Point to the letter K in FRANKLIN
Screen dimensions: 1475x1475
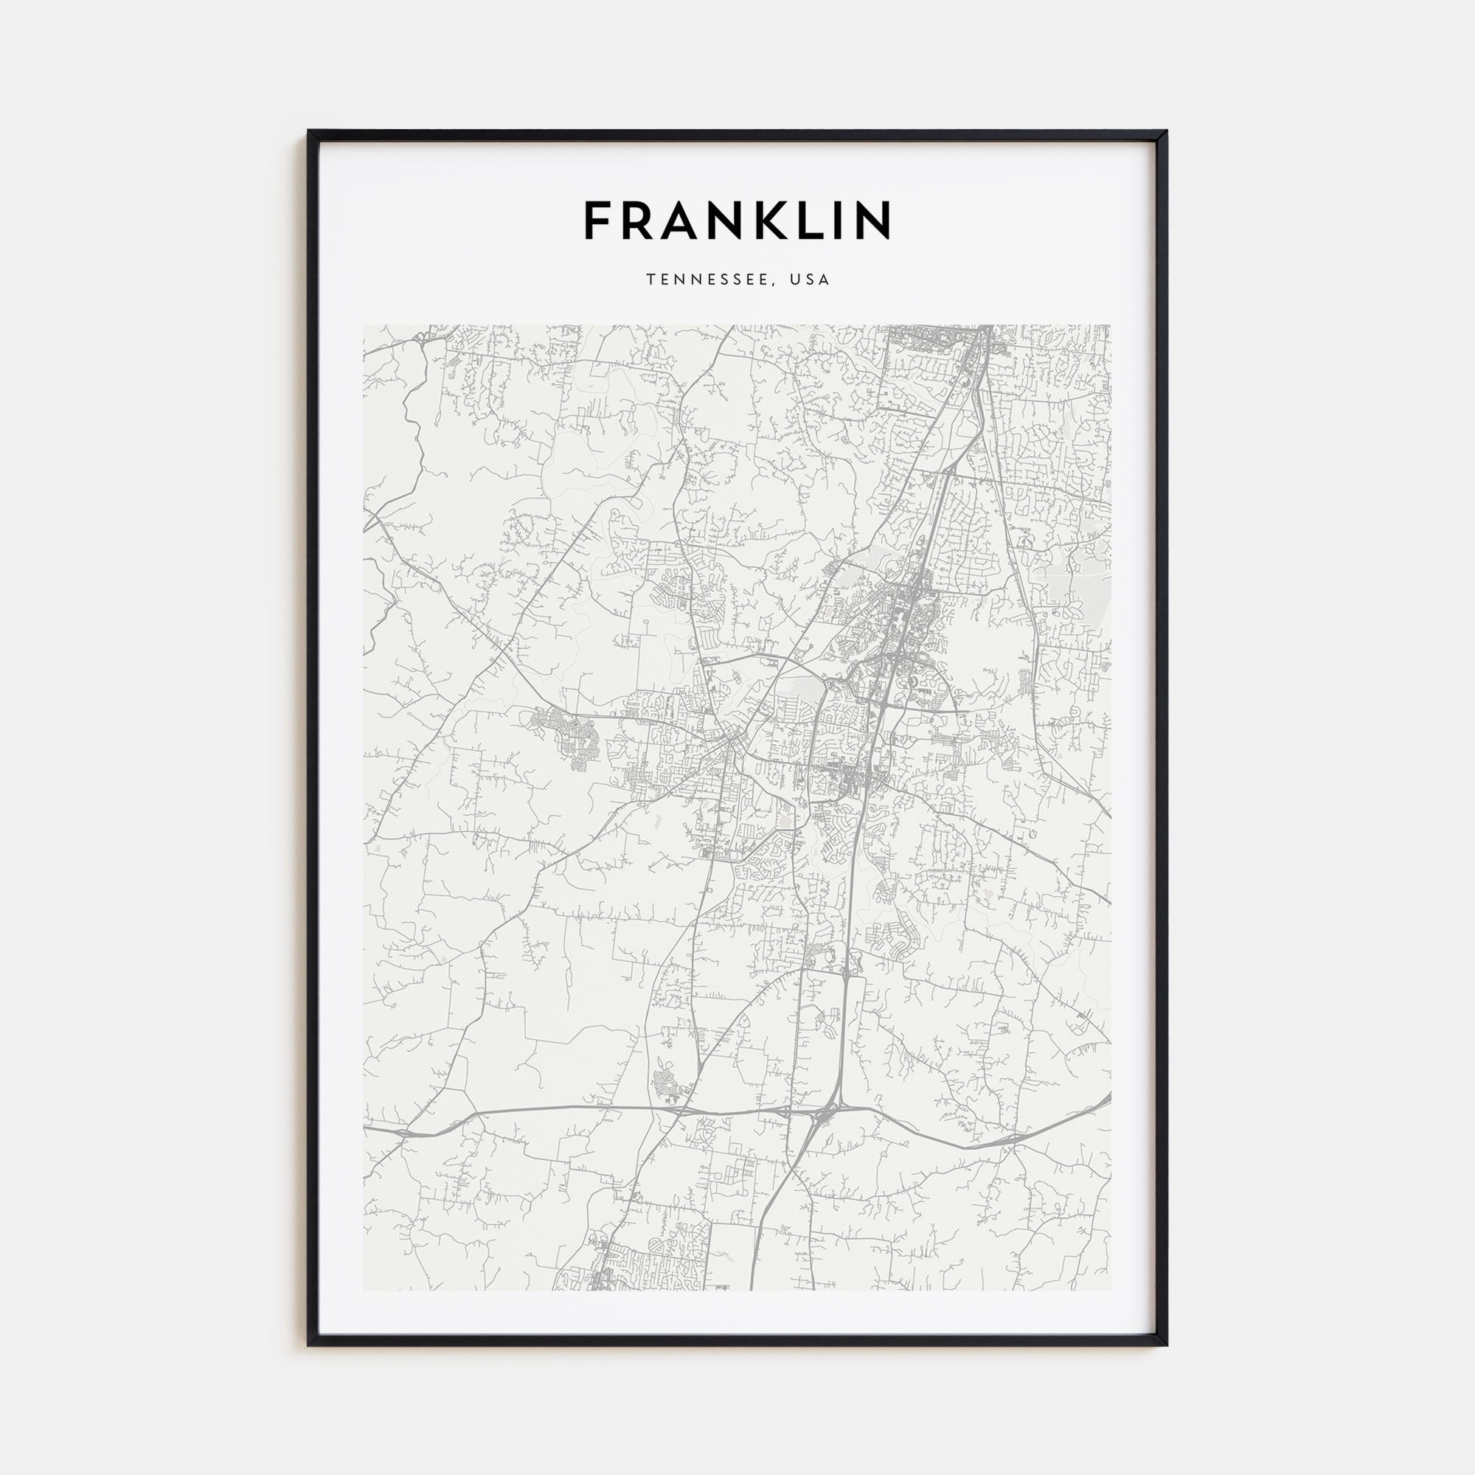774,221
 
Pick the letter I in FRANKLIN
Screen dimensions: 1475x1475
841,221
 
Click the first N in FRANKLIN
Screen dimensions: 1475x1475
730,221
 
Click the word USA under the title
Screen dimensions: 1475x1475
810,280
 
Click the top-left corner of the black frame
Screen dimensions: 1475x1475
308,131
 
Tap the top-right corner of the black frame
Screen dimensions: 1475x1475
1167,131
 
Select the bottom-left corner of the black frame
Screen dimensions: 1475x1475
308,1345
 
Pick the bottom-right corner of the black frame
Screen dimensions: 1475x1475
1167,1345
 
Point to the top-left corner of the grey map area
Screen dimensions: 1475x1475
364,326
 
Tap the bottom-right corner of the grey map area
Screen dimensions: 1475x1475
1111,1290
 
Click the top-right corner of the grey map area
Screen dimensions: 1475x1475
1111,326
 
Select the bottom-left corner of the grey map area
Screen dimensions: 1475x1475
364,1290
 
